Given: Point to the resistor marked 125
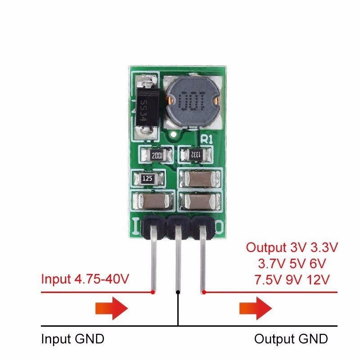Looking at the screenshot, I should tap(148, 179).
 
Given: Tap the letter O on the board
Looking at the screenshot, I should tap(219, 225).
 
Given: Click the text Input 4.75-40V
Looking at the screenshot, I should tap(85, 279).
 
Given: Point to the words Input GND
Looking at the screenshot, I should tap(72, 338).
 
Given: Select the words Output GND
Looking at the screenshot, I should tap(291, 338).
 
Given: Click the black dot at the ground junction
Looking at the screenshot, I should tap(178, 292).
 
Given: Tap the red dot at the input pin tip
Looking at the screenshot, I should tap(153, 292).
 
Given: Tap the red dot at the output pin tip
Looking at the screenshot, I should tap(204, 292).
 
